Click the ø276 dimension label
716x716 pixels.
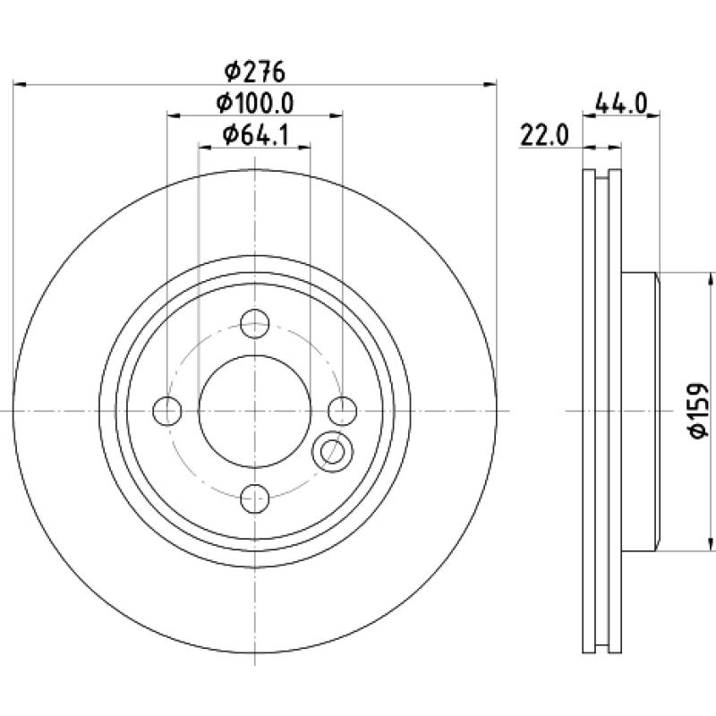tap(255, 72)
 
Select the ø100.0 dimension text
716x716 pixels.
tap(255, 104)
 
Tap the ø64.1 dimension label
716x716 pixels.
tap(256, 135)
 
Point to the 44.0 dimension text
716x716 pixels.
tap(622, 104)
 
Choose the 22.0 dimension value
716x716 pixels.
tap(545, 136)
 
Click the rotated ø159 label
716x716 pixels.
tap(699, 411)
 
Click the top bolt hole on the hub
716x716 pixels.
tap(255, 323)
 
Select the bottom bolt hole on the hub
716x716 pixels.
tap(255, 499)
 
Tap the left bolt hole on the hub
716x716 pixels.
tap(167, 411)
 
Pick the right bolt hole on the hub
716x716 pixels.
tap(343, 411)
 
